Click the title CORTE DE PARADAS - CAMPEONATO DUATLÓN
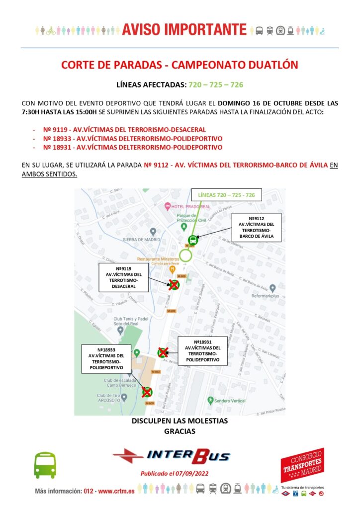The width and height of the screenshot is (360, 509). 179,65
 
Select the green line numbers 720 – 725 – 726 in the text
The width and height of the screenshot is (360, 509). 216,85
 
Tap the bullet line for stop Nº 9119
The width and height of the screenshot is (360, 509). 124,129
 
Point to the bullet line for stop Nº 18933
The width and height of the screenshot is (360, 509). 133,138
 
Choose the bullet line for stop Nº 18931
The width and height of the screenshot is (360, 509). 133,147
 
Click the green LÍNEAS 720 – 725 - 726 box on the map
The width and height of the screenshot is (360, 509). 226,195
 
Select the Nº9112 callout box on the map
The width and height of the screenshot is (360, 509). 257,228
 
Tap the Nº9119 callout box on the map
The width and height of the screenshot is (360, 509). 123,277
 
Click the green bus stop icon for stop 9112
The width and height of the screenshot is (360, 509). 193,240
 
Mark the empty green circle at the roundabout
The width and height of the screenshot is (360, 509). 186,256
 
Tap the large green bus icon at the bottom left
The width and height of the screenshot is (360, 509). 45,465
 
